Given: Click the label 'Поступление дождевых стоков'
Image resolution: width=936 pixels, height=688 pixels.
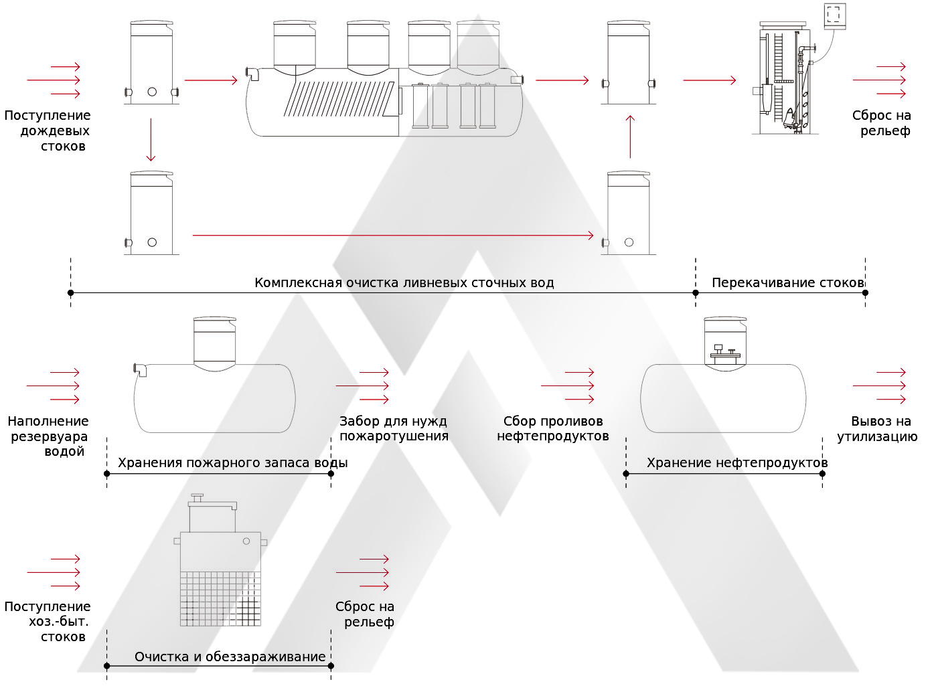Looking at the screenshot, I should coord(48,131).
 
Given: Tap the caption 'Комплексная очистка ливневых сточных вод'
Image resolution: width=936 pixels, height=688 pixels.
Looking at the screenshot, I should coord(404,282).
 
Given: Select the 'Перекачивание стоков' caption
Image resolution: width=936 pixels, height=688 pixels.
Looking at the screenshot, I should coord(787,282).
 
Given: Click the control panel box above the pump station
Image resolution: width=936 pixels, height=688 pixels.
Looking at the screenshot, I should coord(834,15).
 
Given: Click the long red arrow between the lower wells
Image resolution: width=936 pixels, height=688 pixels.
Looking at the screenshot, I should coord(392,236).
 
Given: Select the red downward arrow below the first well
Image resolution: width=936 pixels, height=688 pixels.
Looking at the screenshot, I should coord(151,139).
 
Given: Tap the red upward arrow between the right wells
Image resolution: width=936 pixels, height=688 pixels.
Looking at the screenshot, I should coord(630,137).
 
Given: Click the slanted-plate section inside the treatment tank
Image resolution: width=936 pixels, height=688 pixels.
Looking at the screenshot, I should coord(339,99).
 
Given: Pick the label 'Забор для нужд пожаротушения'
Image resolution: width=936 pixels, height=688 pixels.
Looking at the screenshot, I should coord(394,428).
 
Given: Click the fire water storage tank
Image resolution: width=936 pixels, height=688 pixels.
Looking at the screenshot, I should coord(214,398).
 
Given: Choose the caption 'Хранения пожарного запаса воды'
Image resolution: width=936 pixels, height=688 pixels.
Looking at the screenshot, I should coord(232,462).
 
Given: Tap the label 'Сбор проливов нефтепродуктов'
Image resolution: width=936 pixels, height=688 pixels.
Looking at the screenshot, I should coord(553,428).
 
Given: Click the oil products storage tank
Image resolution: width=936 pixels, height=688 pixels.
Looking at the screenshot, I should coord(723,398).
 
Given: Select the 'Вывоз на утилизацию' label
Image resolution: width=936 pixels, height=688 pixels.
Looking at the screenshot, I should coord(877,428).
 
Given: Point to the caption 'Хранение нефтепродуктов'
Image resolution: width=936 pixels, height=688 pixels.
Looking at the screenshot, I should coord(736,462).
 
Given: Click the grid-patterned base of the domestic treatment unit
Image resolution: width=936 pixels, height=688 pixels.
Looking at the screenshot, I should coord(220,598).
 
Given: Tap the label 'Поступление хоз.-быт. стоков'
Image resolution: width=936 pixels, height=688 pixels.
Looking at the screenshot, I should coord(48,621).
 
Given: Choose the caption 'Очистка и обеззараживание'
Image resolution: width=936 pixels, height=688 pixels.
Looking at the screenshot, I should coord(230,657).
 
